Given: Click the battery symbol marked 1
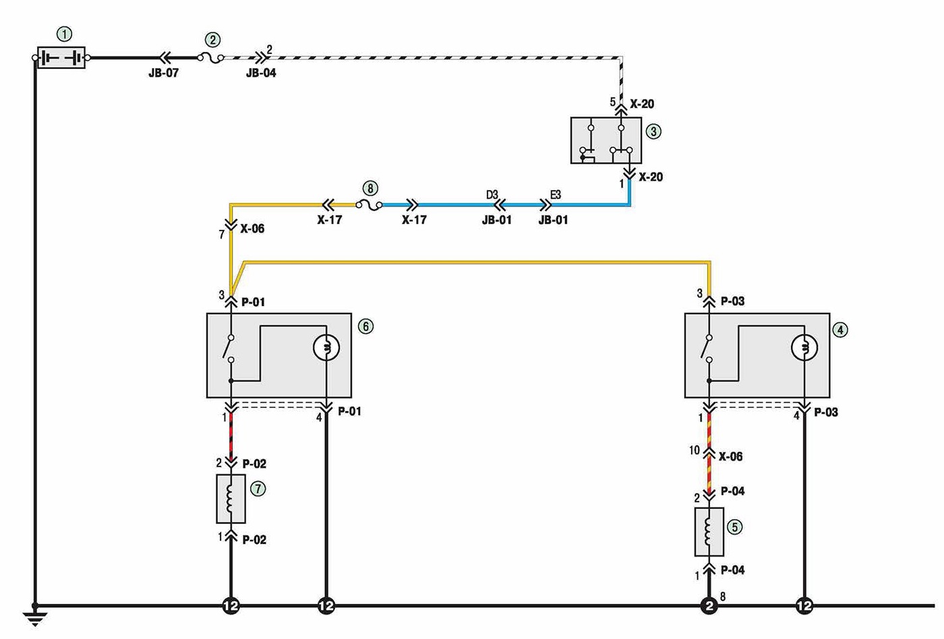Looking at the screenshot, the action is point(61,58).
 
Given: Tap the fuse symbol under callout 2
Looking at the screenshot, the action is point(210,58).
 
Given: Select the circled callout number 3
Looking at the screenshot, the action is point(653,131).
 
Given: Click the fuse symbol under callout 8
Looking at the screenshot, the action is point(369,205).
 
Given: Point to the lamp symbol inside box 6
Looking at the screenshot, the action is point(326,347).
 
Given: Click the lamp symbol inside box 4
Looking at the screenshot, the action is point(804,347).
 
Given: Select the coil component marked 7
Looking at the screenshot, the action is point(231,499).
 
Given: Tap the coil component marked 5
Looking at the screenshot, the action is point(709,532).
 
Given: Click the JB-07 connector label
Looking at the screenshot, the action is point(163,73).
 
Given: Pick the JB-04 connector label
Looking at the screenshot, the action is point(261,73).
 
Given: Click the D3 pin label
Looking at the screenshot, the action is point(492,195).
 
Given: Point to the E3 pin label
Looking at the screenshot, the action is point(556,195).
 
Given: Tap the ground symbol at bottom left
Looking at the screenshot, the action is point(35,619).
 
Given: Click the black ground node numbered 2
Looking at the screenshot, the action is point(709,606).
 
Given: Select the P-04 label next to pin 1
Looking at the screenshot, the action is point(732,570).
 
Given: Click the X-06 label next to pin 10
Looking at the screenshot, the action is point(730,456).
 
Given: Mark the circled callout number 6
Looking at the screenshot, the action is point(365,326).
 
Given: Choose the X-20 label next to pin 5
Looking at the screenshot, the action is point(642,104).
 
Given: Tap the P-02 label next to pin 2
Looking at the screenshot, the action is point(254,464).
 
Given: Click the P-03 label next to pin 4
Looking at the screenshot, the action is point(826,413).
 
